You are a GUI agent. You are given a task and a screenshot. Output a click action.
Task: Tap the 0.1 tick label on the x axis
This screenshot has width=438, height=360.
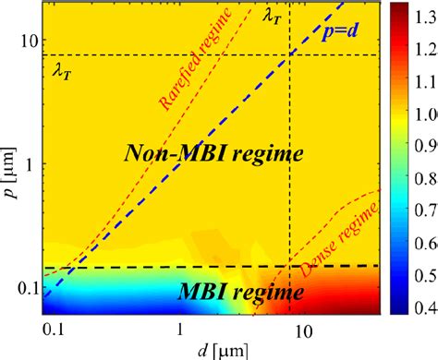55,330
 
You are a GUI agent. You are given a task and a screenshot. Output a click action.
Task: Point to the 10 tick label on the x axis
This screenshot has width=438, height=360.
302,330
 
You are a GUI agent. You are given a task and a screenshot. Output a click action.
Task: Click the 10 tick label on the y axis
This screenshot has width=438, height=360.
29,42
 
